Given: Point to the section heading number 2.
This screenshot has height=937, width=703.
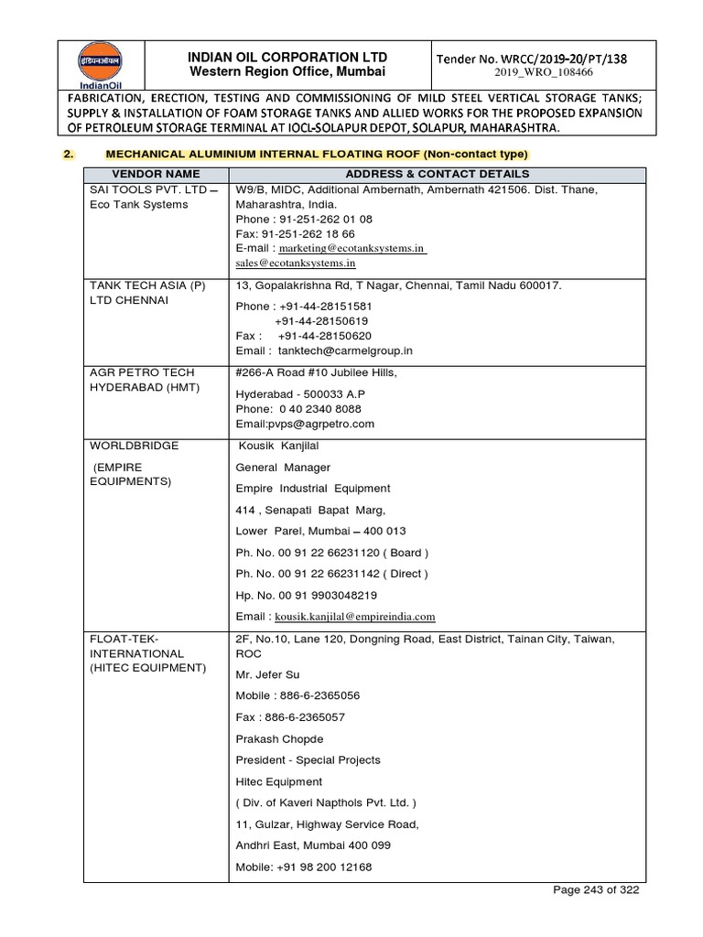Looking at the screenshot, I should [69, 153].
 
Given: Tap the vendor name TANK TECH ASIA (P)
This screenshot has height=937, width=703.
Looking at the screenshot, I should [146, 286].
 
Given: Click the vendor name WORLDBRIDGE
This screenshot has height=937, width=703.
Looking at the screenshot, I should [134, 446].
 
